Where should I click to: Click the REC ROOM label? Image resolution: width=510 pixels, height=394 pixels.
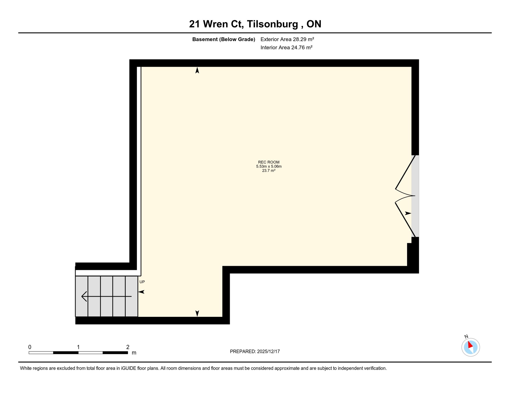pyautogui.click(x=269, y=162)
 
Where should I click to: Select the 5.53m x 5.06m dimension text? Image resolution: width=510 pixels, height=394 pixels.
pyautogui.click(x=269, y=166)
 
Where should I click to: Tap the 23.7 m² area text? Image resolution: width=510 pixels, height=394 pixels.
pyautogui.click(x=269, y=171)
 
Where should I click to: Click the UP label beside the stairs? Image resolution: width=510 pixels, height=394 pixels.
pyautogui.click(x=142, y=282)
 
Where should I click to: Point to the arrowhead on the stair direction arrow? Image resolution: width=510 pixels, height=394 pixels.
pyautogui.click(x=83, y=296)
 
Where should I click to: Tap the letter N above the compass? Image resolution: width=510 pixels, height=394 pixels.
pyautogui.click(x=466, y=337)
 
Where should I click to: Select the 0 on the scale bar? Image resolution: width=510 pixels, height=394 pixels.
pyautogui.click(x=30, y=347)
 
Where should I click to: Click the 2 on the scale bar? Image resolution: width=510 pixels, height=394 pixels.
pyautogui.click(x=128, y=347)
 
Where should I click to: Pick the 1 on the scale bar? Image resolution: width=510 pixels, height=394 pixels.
pyautogui.click(x=78, y=347)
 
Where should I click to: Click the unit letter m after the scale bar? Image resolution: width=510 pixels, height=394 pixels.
pyautogui.click(x=134, y=353)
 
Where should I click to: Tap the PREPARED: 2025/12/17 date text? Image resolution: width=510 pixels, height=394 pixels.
pyautogui.click(x=255, y=351)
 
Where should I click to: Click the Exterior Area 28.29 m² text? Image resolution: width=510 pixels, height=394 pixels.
pyautogui.click(x=287, y=39)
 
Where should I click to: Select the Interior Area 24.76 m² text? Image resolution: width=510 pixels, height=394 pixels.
pyautogui.click(x=286, y=47)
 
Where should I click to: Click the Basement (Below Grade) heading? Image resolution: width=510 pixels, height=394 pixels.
pyautogui.click(x=223, y=39)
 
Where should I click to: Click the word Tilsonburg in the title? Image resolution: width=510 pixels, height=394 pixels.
pyautogui.click(x=272, y=24)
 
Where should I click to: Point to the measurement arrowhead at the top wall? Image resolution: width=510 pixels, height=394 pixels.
pyautogui.click(x=197, y=70)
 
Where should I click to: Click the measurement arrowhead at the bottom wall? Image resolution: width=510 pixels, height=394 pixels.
pyautogui.click(x=197, y=313)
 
